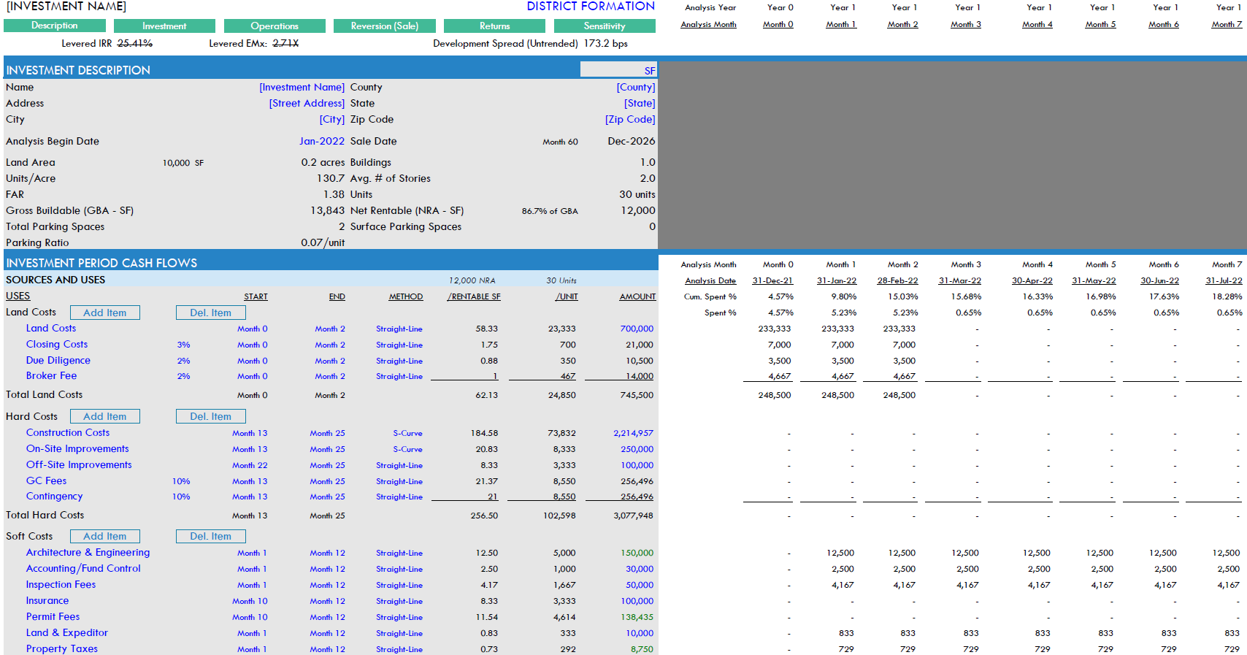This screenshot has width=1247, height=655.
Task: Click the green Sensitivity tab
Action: point(605,26)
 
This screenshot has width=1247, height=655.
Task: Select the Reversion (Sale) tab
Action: point(384,26)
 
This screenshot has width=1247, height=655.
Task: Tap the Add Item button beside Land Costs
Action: point(104,313)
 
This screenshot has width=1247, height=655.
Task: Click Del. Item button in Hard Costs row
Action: point(210,416)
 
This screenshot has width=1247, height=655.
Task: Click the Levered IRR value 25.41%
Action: point(135,44)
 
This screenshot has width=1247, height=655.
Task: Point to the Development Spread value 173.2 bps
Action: point(605,44)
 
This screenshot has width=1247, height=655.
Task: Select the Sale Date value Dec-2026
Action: point(631,142)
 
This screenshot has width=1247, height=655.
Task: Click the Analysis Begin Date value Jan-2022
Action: point(321,142)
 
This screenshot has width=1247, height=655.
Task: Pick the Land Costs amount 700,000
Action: point(637,329)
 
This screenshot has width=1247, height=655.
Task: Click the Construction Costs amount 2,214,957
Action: point(633,434)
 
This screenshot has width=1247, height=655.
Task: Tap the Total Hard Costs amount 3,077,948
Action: point(634,516)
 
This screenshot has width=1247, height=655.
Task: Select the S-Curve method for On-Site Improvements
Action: point(407,450)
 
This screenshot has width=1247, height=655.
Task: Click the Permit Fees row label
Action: point(53,617)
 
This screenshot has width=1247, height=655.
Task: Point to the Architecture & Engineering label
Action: point(88,553)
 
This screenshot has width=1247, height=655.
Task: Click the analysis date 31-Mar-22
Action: point(959,281)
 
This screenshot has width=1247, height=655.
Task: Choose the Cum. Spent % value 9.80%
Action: point(843,297)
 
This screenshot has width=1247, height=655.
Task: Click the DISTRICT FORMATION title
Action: point(591,7)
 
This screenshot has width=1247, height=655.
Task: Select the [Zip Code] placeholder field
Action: point(629,120)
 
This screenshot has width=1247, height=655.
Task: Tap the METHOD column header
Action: point(405,297)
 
